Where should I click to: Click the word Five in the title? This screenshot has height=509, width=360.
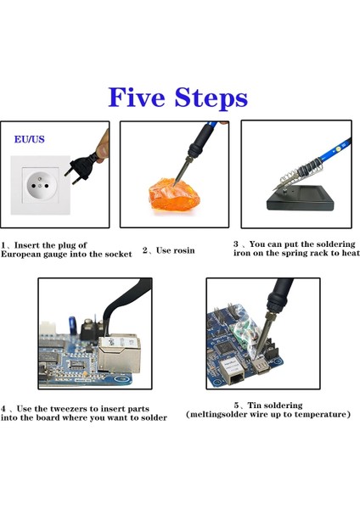pyautogui.click(x=137, y=97)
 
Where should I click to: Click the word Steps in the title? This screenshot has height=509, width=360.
pyautogui.click(x=211, y=98)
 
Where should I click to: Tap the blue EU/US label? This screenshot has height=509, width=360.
pyautogui.click(x=29, y=139)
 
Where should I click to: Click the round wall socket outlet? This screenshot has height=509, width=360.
pyautogui.click(x=40, y=185)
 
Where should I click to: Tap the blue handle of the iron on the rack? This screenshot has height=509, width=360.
pyautogui.click(x=335, y=150)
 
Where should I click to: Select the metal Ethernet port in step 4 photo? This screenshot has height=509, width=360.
pyautogui.click(x=119, y=354)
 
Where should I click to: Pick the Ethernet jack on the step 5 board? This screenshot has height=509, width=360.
pyautogui.click(x=233, y=372)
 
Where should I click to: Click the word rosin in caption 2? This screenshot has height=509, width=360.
pyautogui.click(x=184, y=250)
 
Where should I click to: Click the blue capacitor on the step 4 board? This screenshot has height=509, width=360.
pyautogui.click(x=72, y=326)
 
